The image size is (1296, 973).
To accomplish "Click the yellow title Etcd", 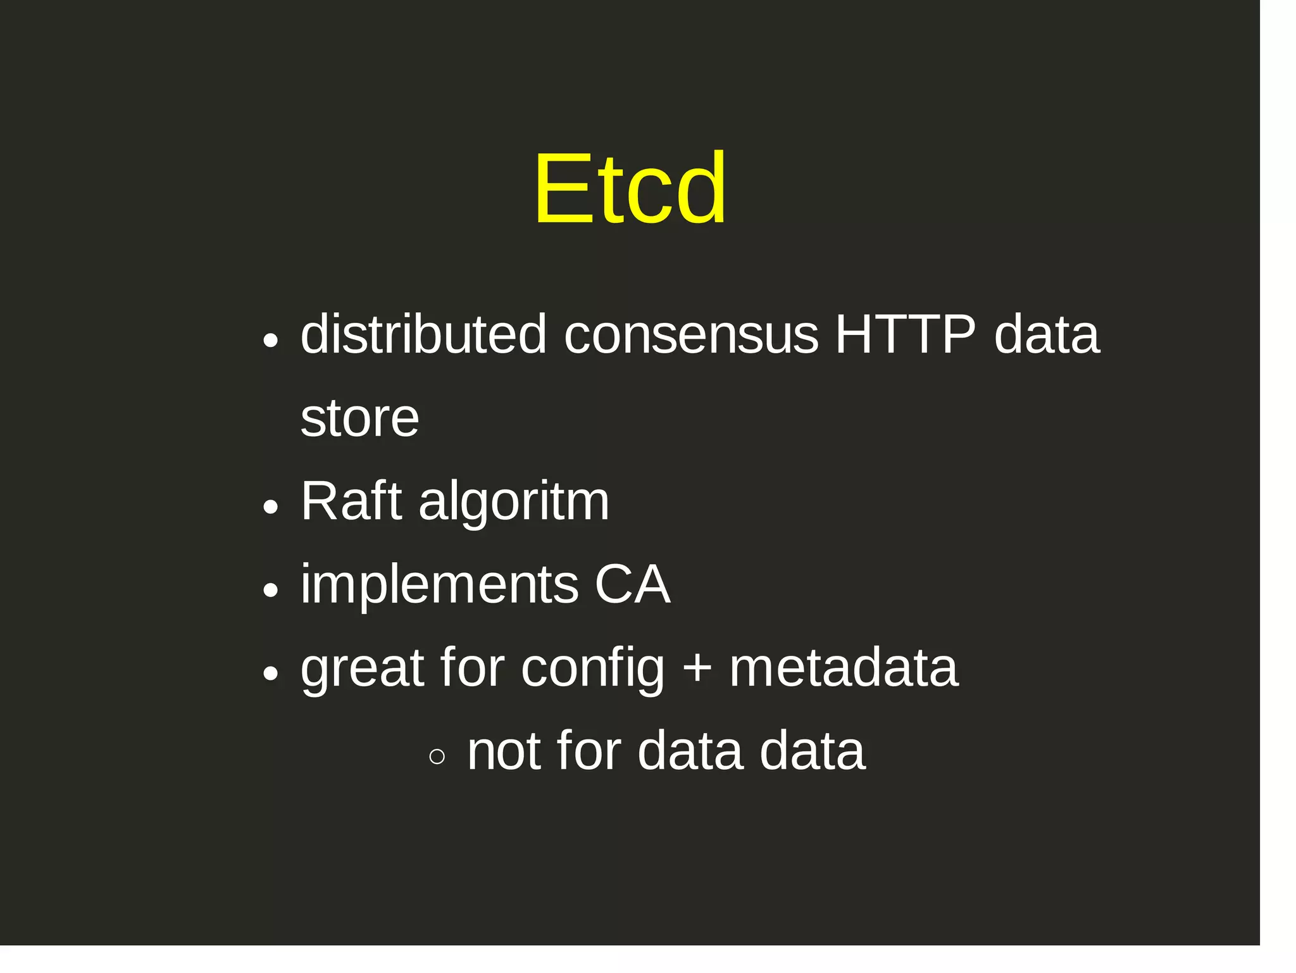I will point(630,189).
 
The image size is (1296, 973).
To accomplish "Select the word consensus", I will point(691,336).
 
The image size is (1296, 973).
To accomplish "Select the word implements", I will point(439,586).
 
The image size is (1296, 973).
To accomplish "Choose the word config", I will point(592,670).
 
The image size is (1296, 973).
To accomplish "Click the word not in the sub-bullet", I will point(504,751).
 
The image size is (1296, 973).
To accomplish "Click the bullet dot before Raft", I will point(270,506).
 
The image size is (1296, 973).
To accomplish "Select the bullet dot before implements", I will point(270,590).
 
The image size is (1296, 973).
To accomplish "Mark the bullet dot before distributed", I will point(270,341).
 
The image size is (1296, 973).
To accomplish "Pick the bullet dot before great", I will point(270,674).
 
